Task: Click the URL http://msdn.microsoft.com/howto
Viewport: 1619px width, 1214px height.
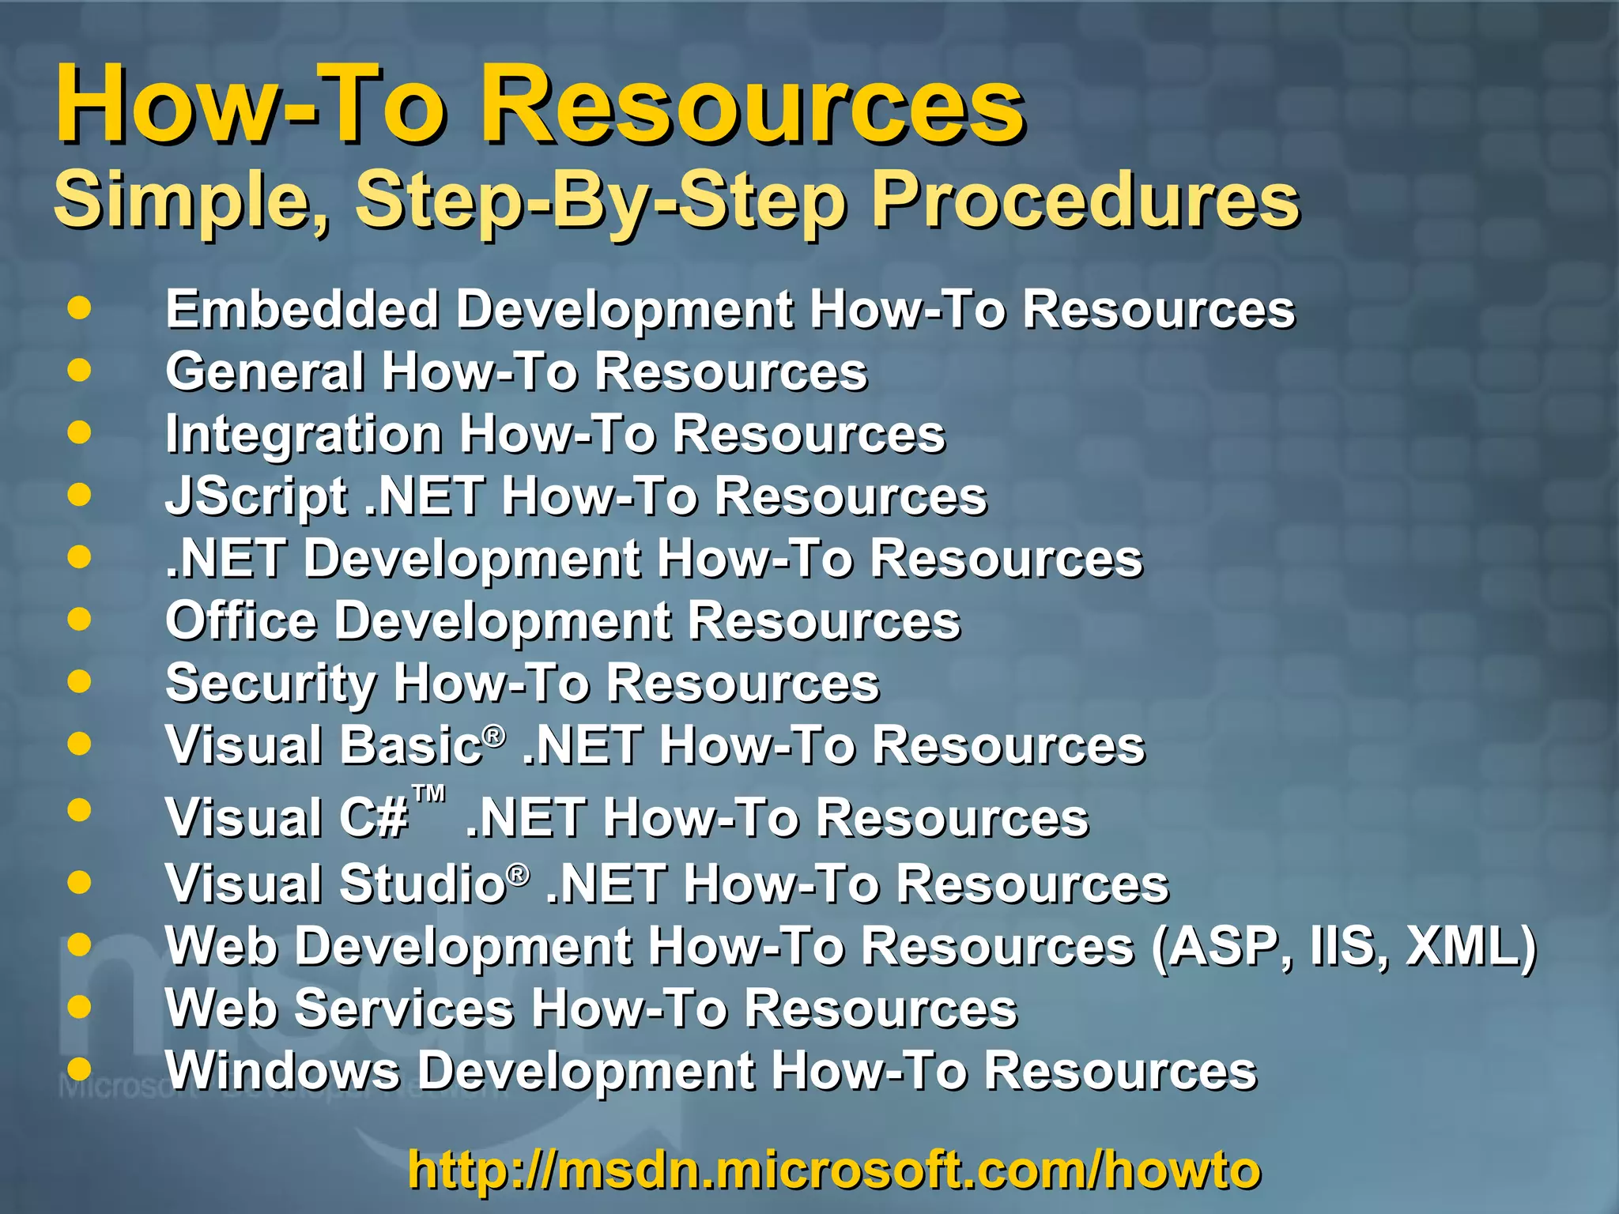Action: tap(834, 1170)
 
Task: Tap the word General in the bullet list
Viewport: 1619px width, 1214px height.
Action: tap(265, 371)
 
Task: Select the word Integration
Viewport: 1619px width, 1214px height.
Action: tap(304, 434)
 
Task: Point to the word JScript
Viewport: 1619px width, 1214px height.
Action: tap(256, 496)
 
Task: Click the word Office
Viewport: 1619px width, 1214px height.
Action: tap(241, 621)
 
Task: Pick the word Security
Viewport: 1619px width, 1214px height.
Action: tap(270, 683)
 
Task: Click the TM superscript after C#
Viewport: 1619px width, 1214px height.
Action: tap(429, 794)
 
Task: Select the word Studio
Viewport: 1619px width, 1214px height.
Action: tap(423, 884)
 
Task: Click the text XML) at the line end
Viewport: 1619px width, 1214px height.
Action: tap(1471, 946)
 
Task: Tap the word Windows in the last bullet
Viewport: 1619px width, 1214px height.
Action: tap(282, 1071)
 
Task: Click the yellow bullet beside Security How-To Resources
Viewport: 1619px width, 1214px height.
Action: tap(79, 681)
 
